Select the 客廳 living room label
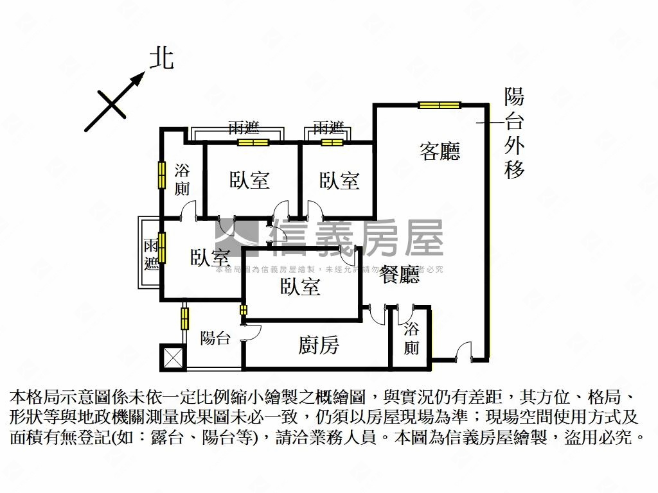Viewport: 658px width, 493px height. (440, 151)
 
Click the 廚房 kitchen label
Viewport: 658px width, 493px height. (319, 346)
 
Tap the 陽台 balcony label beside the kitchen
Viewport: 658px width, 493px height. (215, 338)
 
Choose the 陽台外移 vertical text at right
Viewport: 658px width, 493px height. (514, 134)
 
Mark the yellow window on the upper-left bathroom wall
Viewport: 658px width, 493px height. (162, 175)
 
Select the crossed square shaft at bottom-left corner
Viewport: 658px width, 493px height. (172, 358)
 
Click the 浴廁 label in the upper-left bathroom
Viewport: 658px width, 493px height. (182, 180)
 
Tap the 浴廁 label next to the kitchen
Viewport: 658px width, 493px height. (411, 339)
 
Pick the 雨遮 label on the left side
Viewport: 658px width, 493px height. (151, 254)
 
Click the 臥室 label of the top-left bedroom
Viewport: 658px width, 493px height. (249, 180)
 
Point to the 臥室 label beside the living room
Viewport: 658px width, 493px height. (339, 180)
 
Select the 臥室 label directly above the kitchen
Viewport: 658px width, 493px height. (300, 286)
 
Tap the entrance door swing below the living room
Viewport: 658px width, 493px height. (463, 350)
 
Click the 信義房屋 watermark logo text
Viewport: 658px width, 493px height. (357, 238)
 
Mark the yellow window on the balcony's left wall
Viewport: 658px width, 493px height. (185, 318)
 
